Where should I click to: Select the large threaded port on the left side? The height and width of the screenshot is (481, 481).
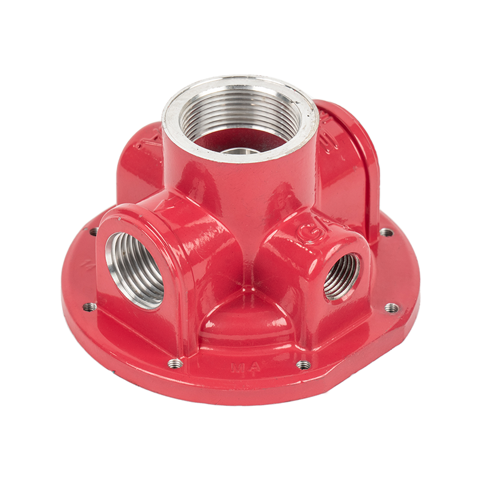click(x=134, y=269)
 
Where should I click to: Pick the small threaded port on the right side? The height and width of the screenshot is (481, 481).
click(x=342, y=276)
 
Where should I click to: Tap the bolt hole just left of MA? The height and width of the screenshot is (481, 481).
click(x=175, y=363)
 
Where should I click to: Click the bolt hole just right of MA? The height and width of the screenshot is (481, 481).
click(x=304, y=364)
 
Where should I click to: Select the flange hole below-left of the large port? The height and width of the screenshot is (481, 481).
click(x=90, y=307)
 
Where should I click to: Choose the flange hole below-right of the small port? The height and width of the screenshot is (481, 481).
click(x=391, y=308)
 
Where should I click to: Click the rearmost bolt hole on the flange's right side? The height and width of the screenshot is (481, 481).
click(x=386, y=231)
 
